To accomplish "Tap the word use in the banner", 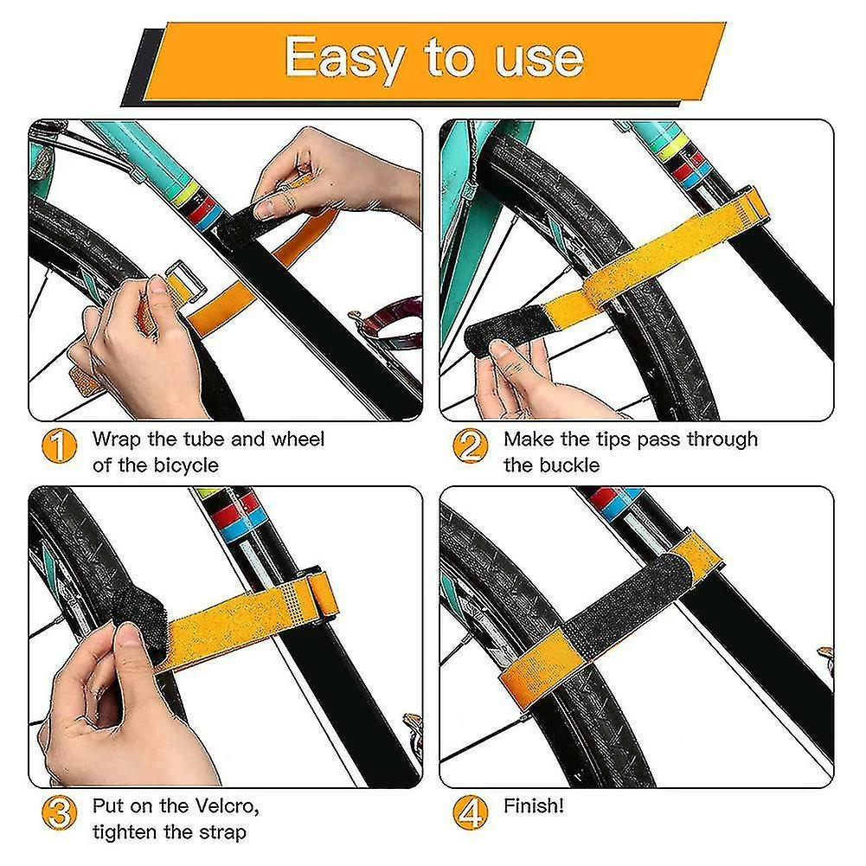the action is point(539,60).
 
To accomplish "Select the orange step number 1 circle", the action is point(59,446).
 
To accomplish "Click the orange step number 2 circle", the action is point(470,446).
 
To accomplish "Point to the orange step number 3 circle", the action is point(59,812).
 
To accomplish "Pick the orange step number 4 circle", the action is point(470,812).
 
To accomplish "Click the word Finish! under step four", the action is point(534,805).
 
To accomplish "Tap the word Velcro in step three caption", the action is point(228,806).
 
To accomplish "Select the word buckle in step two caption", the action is point(569,465).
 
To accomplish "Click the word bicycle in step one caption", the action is point(186,466).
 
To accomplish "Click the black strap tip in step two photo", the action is point(504,328).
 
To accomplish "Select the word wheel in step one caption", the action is point(298,439).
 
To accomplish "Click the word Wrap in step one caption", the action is point(117,440).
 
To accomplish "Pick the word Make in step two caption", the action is point(529,439).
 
